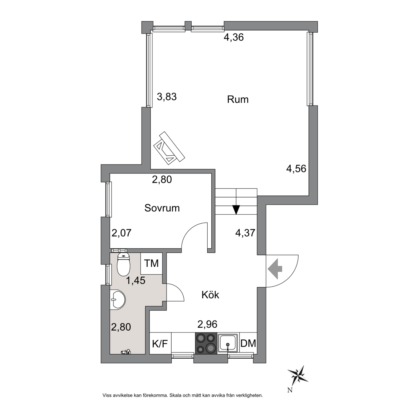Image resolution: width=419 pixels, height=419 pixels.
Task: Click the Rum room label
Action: [x=238, y=99]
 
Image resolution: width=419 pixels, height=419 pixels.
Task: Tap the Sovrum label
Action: [x=162, y=208]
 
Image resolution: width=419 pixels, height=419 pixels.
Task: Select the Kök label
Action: [x=210, y=295]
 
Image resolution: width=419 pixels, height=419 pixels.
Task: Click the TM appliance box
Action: [x=152, y=263]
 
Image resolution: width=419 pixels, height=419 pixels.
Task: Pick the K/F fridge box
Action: [x=160, y=343]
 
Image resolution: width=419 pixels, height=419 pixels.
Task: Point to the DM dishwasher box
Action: [x=248, y=343]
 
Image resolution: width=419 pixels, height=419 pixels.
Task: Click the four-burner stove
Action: [x=206, y=343]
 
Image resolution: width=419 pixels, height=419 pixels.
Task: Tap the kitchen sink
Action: [x=228, y=343]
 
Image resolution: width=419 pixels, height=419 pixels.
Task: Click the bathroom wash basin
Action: [x=117, y=300]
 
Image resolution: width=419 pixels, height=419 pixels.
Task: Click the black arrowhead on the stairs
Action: [x=236, y=209]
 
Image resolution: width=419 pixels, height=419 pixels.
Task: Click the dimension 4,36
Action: [x=234, y=37]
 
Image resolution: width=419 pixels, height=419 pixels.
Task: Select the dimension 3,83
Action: [x=167, y=97]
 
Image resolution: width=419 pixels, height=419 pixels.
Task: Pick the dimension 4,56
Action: [x=296, y=169]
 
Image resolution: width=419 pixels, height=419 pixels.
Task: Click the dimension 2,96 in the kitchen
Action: [x=207, y=324]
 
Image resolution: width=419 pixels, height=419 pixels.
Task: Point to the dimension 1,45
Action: [x=136, y=280]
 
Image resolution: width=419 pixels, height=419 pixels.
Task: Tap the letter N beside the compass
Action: [x=290, y=390]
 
